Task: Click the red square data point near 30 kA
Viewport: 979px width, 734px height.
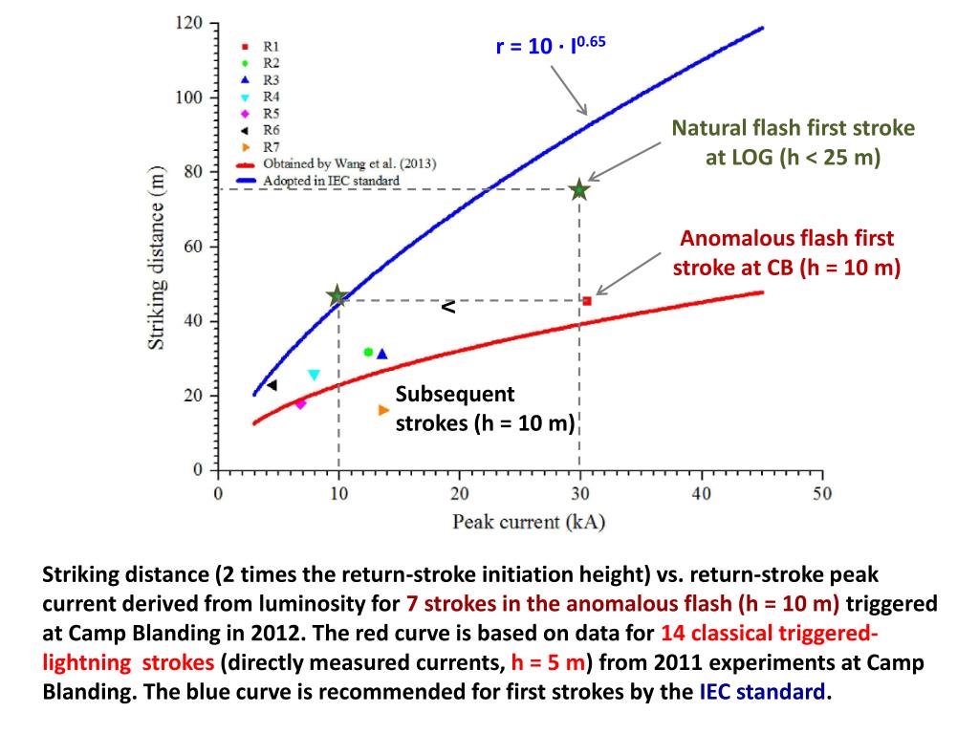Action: coord(586,301)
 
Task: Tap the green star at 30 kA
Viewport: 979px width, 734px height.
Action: coord(578,189)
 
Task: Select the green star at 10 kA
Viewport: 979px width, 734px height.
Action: coord(337,296)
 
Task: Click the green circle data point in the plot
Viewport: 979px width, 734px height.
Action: coord(368,352)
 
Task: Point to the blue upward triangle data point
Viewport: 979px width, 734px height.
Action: coord(382,354)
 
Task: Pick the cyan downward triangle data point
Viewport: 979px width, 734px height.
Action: coord(314,375)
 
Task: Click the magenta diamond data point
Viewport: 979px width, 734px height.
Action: coord(300,403)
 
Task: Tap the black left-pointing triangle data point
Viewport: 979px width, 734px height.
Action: coord(272,385)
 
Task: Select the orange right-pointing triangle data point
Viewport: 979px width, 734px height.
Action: coord(383,410)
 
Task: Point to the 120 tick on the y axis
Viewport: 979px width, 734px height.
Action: coord(189,23)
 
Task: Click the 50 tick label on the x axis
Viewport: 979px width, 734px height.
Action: coord(821,493)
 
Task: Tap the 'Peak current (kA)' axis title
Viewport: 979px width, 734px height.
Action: coord(529,522)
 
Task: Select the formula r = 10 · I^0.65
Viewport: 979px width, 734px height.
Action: coord(551,45)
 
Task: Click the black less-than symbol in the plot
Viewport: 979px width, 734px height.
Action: coord(447,308)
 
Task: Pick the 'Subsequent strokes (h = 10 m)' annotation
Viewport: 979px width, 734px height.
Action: coord(484,408)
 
